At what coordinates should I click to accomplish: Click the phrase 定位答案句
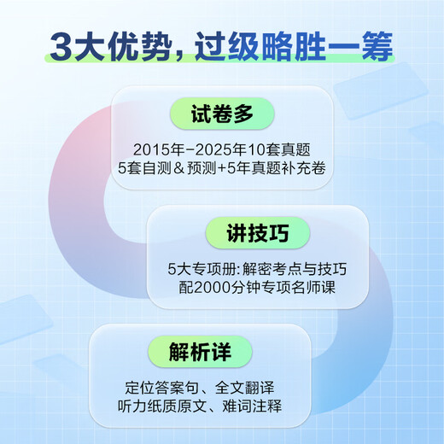[x=159, y=386]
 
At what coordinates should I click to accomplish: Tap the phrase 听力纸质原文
[x=168, y=405]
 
